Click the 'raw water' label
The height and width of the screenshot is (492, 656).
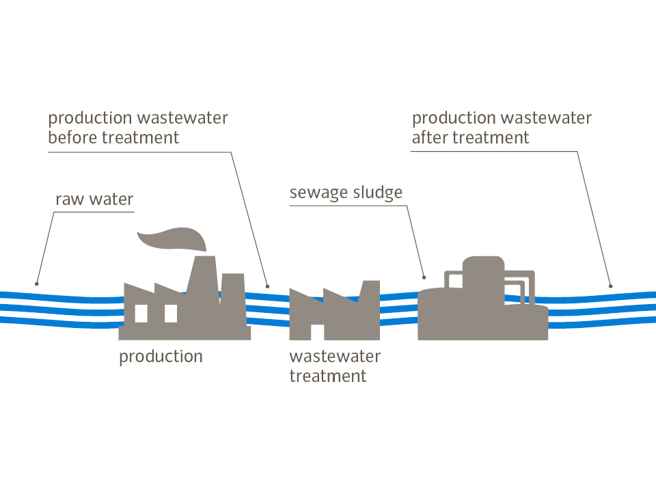[94, 200]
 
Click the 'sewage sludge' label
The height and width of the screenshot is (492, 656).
[346, 193]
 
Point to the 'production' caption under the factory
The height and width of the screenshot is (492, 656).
[161, 356]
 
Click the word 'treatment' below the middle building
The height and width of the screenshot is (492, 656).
[327, 376]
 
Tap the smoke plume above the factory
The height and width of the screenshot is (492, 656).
[172, 239]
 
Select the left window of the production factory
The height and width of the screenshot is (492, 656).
[141, 313]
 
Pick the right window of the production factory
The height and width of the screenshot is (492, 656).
[171, 313]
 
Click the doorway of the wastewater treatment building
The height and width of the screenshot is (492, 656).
[317, 332]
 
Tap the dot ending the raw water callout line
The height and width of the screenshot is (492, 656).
[37, 284]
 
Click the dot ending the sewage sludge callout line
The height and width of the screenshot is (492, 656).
[424, 277]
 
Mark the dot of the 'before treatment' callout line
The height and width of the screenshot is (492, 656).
[267, 286]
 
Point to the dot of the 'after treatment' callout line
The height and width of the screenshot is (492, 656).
[610, 286]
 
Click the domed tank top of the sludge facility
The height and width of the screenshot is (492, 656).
[483, 265]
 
